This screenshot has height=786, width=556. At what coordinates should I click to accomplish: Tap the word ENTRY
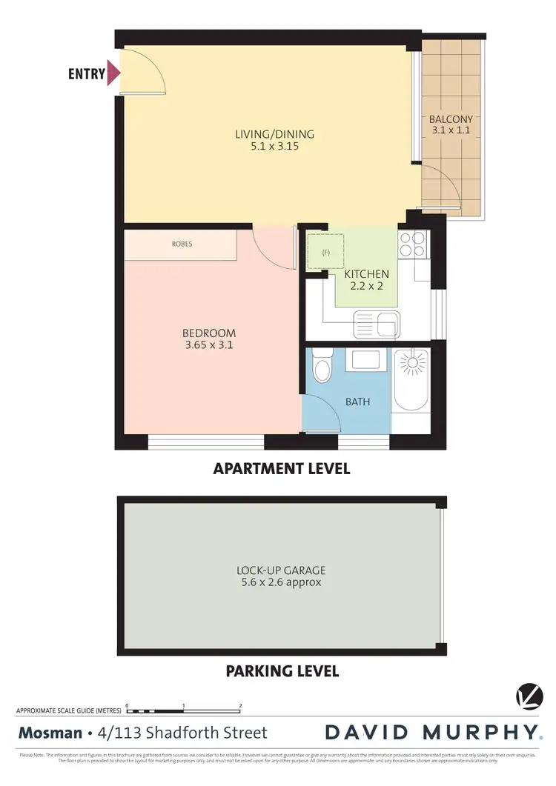tap(86, 74)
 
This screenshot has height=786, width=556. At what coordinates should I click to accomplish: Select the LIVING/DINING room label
tap(274, 134)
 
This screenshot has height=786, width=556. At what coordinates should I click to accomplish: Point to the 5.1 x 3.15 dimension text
tap(274, 147)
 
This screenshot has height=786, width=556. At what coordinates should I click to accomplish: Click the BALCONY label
tap(451, 119)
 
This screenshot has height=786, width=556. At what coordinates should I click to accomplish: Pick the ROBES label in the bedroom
tap(182, 244)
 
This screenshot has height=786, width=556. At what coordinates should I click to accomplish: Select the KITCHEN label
tap(365, 274)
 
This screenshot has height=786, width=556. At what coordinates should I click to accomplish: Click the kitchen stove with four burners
tap(412, 244)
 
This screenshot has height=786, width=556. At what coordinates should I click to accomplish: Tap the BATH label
tap(357, 402)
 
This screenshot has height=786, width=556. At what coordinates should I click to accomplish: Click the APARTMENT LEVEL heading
tap(281, 468)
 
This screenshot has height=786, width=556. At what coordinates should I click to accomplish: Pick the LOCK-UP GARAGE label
tap(281, 570)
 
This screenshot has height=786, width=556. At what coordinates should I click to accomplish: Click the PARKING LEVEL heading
tap(282, 671)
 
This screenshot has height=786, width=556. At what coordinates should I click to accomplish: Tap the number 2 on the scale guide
tap(240, 706)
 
